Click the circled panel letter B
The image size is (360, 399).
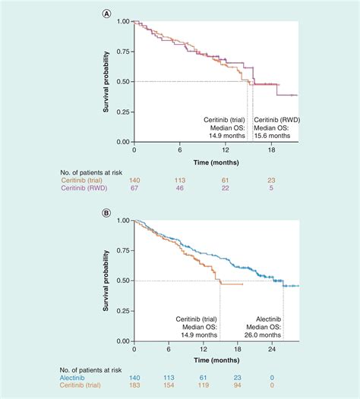coord(108,213)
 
